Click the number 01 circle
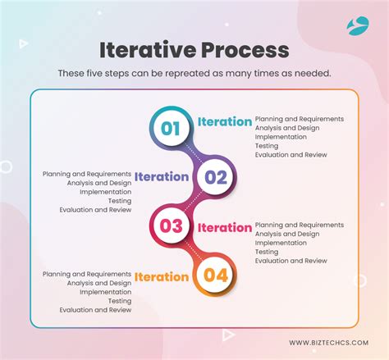(x=171, y=128)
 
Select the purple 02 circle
(x=216, y=177)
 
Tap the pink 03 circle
(x=171, y=226)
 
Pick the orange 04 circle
(x=216, y=275)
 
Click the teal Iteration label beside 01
(x=225, y=121)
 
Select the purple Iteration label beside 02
(x=162, y=176)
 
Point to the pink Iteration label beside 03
(x=225, y=227)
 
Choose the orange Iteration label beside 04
(x=162, y=276)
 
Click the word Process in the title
(x=245, y=50)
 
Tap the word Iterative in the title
(x=148, y=50)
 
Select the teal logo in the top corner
(x=358, y=25)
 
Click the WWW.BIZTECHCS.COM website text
(x=329, y=343)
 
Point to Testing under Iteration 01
(x=267, y=146)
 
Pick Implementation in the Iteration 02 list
(x=105, y=192)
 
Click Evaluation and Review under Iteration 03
(x=291, y=261)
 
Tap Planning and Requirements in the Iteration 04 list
(x=87, y=274)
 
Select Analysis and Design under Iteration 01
(x=287, y=128)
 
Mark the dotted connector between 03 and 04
(x=194, y=251)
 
